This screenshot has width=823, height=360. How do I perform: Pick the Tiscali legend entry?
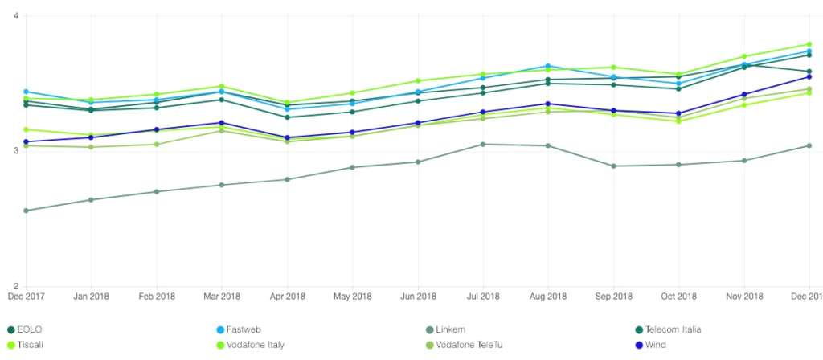(31, 345)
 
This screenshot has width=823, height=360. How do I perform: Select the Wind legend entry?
(657, 345)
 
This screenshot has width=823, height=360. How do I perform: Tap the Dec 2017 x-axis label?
(26, 297)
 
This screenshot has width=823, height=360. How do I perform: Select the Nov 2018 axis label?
(744, 297)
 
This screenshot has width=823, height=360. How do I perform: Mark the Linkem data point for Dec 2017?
(26, 211)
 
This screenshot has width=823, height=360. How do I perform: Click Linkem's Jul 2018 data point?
(482, 144)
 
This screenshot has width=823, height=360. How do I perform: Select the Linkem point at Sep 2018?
(614, 166)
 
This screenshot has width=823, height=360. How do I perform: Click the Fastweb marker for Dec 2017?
(26, 92)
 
